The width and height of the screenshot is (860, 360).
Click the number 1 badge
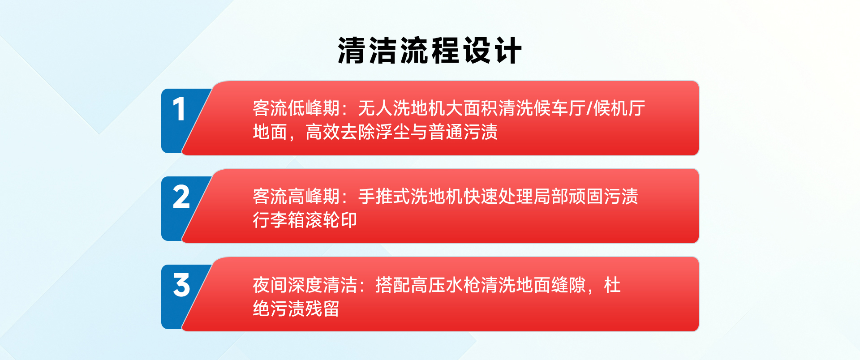coord(179,109)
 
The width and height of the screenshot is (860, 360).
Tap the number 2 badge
coord(181,197)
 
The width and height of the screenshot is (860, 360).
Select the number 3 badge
coord(181,285)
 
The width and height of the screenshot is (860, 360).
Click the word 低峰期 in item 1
coord(314,108)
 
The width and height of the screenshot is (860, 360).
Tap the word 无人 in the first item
coord(375,108)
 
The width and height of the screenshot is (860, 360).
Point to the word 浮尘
coord(393,132)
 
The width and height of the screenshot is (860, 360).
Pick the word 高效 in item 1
coord(322,132)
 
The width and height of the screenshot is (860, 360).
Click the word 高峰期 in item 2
coord(314,197)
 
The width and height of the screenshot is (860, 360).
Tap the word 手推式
coord(384,197)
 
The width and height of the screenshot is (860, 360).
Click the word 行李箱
coord(279,220)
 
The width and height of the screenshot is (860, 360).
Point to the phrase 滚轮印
coord(331,220)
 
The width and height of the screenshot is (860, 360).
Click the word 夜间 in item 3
coord(270,285)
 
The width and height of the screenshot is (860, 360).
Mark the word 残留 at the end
coord(322,309)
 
